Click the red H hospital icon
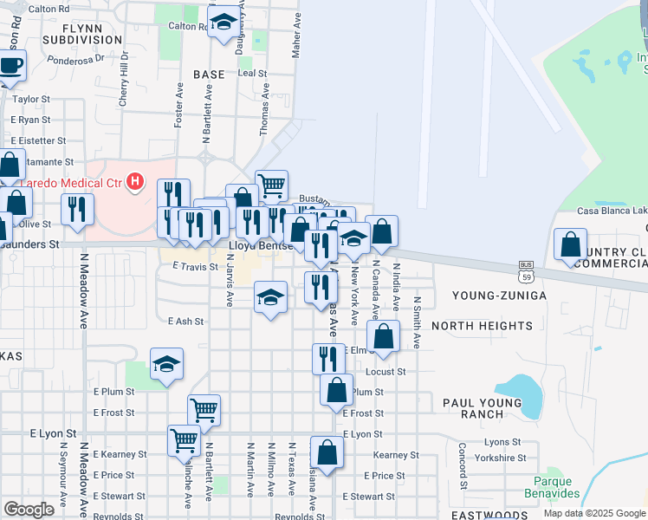tap(134, 181)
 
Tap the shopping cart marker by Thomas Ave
tap(271, 185)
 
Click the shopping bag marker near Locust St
tap(383, 336)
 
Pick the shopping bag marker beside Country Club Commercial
tap(570, 245)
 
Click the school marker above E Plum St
tap(166, 364)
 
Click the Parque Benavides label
tap(551, 487)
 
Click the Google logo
tap(29, 510)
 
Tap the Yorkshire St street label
tap(508, 458)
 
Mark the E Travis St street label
tap(195, 267)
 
